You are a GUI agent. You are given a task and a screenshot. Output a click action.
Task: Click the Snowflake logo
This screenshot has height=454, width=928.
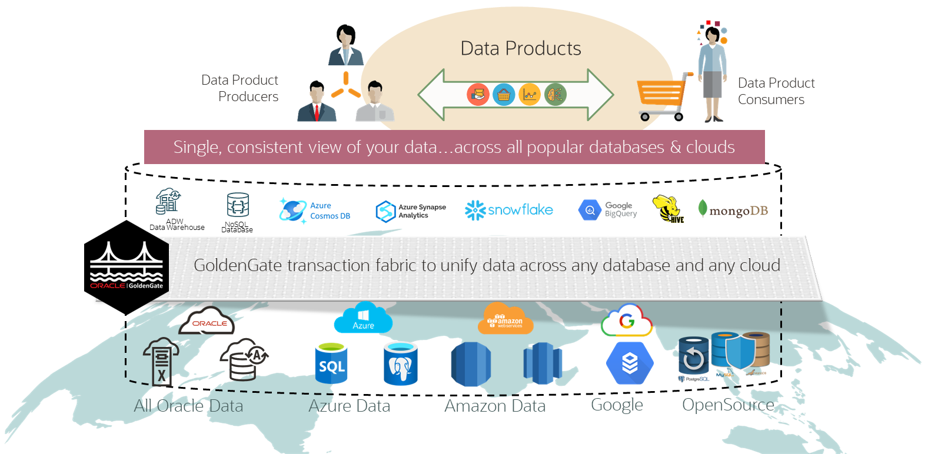tap(509, 210)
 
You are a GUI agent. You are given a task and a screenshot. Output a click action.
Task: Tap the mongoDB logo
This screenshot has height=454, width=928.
tap(733, 210)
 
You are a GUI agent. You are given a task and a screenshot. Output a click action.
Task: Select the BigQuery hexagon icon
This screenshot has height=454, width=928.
tap(589, 211)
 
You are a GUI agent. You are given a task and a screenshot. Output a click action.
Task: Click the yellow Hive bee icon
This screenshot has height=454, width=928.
tap(668, 209)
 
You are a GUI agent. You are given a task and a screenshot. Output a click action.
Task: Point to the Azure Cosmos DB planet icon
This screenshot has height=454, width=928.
tap(292, 210)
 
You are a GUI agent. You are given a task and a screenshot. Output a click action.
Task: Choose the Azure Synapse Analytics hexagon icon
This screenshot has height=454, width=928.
tap(385, 211)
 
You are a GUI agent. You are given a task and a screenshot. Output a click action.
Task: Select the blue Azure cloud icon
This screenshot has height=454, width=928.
tap(363, 319)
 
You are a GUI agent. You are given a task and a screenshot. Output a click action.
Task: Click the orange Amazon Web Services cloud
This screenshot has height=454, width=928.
tap(505, 319)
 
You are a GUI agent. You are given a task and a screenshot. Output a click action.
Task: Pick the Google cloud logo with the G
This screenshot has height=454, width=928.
tap(627, 321)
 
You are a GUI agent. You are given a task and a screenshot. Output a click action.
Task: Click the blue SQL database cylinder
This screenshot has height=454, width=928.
tap(331, 363)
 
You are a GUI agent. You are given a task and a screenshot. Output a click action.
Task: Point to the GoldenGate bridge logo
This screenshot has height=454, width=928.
tap(127, 265)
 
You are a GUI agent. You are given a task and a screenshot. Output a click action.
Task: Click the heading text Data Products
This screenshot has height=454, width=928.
tap(521, 48)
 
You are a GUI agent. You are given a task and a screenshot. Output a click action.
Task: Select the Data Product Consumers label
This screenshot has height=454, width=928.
tap(776, 91)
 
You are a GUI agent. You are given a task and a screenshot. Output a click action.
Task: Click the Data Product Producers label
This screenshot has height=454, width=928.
tap(240, 88)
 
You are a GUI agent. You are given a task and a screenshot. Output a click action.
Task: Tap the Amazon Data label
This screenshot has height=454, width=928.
tap(495, 406)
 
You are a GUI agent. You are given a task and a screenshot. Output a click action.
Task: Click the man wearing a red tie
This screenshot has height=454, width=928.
tap(317, 104)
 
